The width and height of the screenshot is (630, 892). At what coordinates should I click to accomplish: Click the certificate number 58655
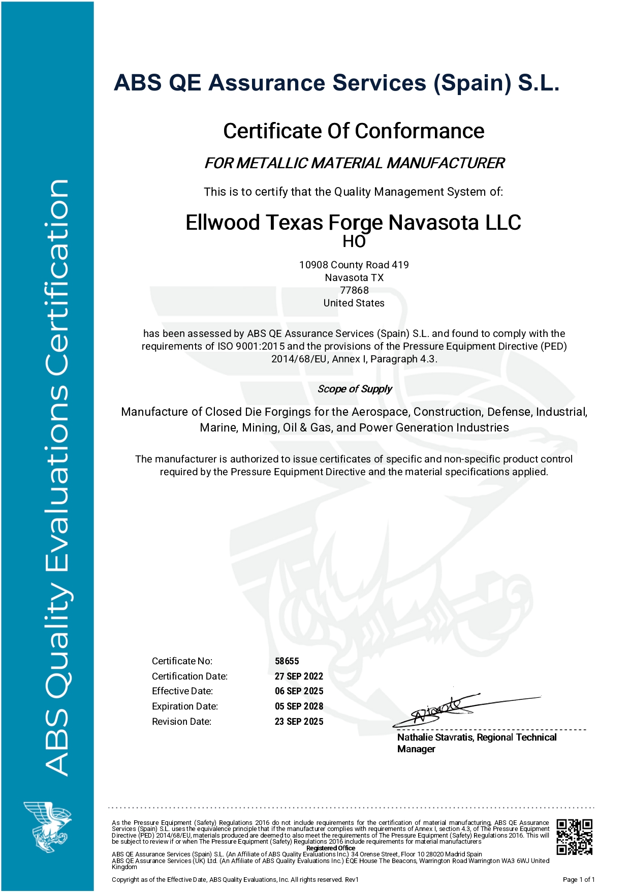(x=287, y=661)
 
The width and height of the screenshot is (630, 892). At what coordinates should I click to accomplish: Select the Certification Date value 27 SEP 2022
(x=299, y=676)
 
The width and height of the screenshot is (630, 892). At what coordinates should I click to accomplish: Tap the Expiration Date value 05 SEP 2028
(x=299, y=706)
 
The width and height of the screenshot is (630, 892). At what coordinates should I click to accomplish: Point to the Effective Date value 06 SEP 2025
(x=299, y=691)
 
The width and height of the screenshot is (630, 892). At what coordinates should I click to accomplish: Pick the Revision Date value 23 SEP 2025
(x=299, y=721)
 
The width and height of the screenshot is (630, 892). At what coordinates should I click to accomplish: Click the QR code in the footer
(x=574, y=837)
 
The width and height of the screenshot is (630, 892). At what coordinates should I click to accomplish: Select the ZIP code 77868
(x=354, y=290)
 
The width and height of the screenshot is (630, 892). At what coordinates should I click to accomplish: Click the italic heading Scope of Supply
(x=355, y=389)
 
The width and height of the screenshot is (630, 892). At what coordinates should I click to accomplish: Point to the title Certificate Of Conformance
(x=354, y=131)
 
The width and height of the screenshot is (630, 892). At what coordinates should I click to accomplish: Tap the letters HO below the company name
(x=354, y=241)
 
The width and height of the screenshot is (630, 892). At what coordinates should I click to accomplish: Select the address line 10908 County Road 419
(x=354, y=265)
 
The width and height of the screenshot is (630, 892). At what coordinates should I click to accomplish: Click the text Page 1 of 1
(x=579, y=879)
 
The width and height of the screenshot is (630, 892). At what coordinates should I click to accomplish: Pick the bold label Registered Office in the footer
(x=331, y=848)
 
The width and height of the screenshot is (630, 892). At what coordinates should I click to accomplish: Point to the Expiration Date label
(x=185, y=706)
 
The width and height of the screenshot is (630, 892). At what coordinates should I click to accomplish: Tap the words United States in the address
(x=354, y=303)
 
